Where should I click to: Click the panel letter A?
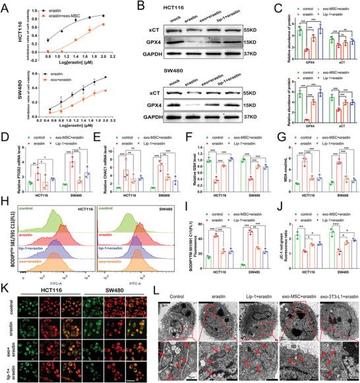(x=5, y=5)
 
